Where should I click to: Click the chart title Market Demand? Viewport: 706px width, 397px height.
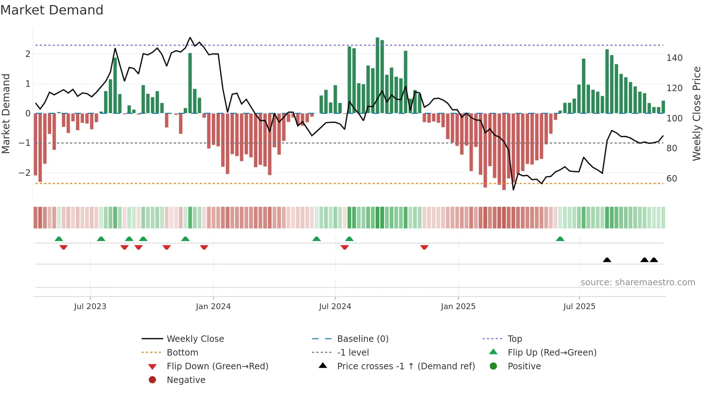pos(52,10)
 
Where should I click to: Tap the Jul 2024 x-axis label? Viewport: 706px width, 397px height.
pos(335,307)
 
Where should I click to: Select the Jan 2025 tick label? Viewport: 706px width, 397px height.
pos(458,307)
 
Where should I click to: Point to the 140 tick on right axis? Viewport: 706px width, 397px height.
pos(674,58)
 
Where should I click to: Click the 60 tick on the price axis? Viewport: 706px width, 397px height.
pos(671,179)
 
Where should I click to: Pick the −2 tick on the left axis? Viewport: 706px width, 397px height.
pos(24,173)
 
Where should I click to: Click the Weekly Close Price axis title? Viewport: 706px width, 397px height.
pos(697,113)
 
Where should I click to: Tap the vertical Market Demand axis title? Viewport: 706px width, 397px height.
pos(6,113)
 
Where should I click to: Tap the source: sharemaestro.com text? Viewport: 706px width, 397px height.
pos(638,282)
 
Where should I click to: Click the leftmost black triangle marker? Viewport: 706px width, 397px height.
pos(607,260)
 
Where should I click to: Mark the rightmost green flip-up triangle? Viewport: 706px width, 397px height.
pos(560,239)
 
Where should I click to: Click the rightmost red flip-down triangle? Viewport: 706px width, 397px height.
pos(424,247)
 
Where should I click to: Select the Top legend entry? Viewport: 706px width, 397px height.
pos(514,339)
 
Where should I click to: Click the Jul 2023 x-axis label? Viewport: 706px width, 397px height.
pos(90,307)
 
